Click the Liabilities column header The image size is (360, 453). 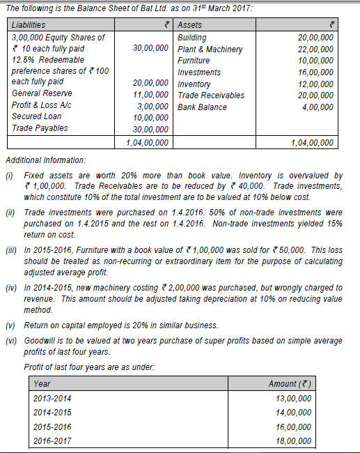29,25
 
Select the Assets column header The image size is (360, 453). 190,25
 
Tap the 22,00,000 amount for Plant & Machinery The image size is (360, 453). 315,49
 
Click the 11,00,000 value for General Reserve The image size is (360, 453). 150,94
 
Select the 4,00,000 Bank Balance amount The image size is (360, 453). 317,107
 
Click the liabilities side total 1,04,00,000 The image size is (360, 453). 147,143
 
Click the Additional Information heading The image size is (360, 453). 46,160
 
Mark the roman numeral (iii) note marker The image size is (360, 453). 13,249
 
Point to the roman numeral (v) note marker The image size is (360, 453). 11,325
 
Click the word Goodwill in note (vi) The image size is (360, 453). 41,341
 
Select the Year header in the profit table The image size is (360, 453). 42,384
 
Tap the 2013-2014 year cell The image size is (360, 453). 52,398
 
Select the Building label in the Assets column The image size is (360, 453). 191,37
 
